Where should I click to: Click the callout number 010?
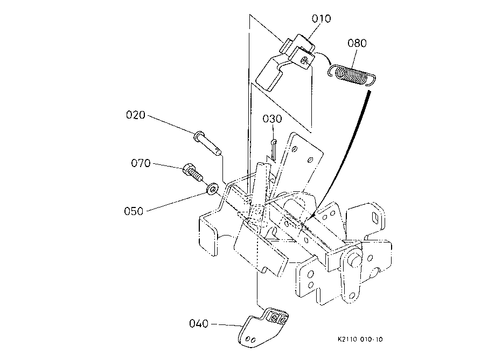(x=322, y=19)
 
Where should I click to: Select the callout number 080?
(x=357, y=43)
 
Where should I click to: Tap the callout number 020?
(x=135, y=115)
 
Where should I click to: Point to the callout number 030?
(x=272, y=119)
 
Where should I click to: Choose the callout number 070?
(x=141, y=163)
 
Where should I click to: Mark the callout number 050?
(x=134, y=211)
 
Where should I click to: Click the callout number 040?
(x=199, y=323)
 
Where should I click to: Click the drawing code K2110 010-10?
(x=360, y=340)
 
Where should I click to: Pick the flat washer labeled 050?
(x=212, y=189)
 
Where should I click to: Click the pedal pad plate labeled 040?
(x=263, y=328)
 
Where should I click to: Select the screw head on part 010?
(x=304, y=60)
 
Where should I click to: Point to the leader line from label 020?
(x=171, y=124)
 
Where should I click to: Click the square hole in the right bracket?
(x=375, y=218)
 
